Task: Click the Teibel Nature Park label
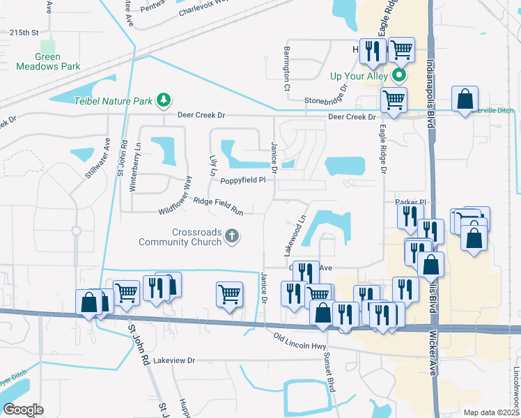pos(113,101)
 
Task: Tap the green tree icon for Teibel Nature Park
pos(164,100)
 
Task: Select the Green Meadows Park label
pos(49,62)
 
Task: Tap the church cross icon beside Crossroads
pos(233,238)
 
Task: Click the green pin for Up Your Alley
pos(399,75)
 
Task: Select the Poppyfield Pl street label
pos(243,180)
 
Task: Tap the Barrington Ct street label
pos(286,69)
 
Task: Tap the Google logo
pos(23,409)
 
